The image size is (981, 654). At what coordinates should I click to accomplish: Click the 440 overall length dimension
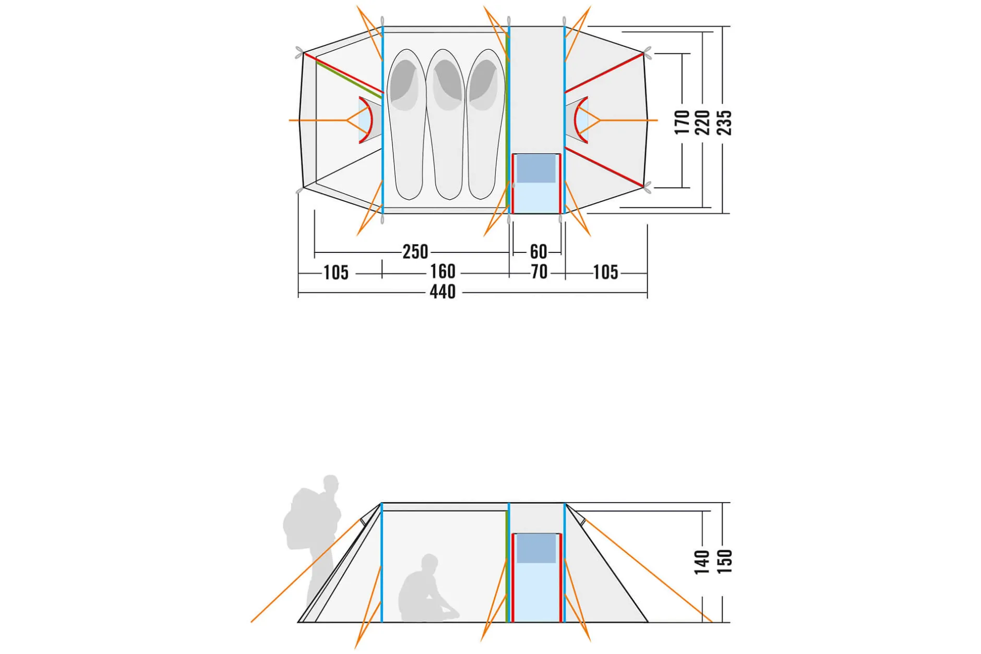(442, 292)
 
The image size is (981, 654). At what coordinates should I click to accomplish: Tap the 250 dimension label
(415, 252)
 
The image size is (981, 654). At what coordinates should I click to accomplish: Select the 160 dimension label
(442, 272)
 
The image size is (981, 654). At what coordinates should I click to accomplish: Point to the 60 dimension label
(539, 252)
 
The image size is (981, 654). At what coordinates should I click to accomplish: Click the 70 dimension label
(539, 272)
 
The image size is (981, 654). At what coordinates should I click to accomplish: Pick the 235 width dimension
(725, 123)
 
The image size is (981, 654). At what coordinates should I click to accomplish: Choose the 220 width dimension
(703, 123)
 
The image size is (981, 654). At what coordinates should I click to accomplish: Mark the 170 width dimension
(682, 123)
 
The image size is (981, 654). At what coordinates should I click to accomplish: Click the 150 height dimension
(725, 562)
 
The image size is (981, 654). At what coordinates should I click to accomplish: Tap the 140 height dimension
(702, 562)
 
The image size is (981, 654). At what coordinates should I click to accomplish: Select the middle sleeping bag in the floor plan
(445, 124)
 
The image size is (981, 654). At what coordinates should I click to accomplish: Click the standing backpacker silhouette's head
(330, 482)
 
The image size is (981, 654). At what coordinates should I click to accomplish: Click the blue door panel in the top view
(536, 183)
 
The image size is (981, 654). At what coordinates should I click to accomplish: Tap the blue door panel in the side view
(536, 577)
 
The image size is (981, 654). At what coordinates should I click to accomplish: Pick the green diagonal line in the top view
(349, 79)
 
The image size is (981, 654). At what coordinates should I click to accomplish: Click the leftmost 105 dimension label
(336, 272)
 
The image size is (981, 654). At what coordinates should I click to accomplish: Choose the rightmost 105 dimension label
(605, 272)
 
